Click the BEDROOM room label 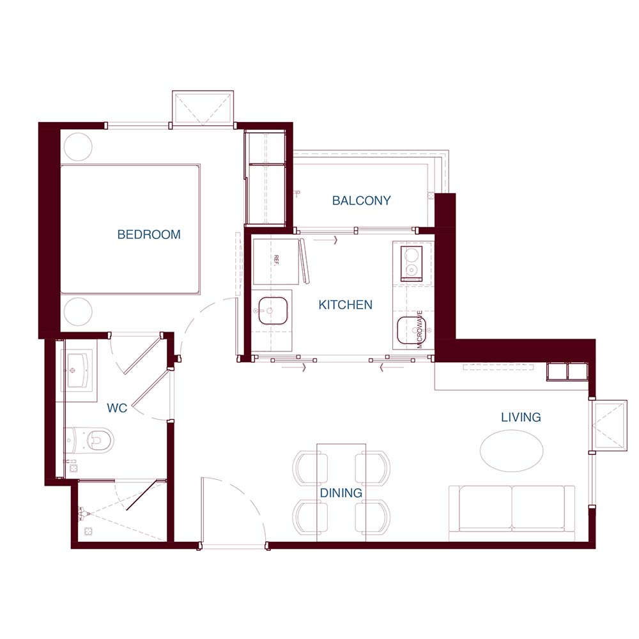click(149, 235)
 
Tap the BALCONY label click(362, 201)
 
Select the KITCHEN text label click(345, 305)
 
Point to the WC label click(117, 408)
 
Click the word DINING click(341, 493)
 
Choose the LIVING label click(521, 417)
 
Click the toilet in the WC click(89, 440)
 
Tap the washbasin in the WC click(78, 370)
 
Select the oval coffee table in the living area click(511, 450)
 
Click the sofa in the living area click(512, 508)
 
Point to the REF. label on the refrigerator click(276, 261)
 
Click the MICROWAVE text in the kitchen click(419, 329)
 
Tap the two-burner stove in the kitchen click(412, 264)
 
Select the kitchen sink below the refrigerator click(272, 311)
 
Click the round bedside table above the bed click(78, 147)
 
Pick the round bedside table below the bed click(78, 311)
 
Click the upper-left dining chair click(310, 468)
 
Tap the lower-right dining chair click(373, 517)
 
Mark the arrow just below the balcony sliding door click(326, 240)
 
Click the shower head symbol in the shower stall click(82, 514)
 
